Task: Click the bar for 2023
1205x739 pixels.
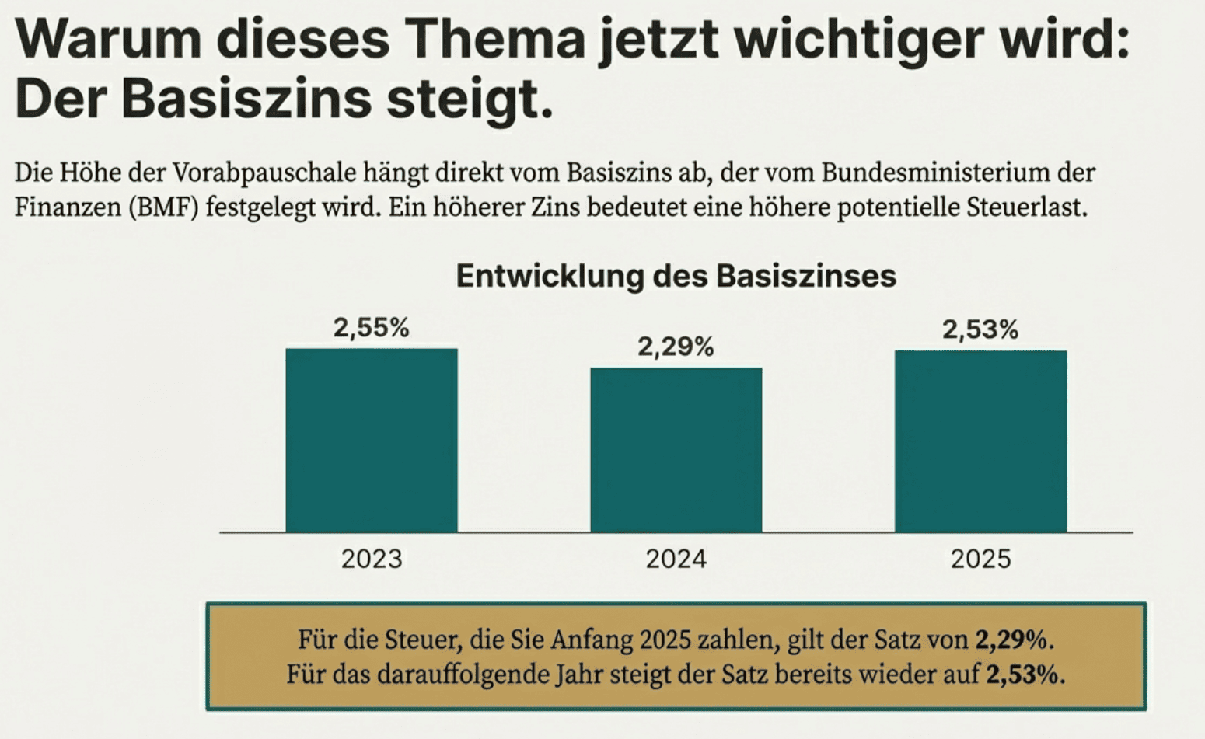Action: point(372,441)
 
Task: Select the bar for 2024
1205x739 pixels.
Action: point(676,450)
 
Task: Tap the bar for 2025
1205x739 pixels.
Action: point(980,441)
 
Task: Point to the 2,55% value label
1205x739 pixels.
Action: point(372,328)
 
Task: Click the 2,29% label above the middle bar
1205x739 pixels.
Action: point(676,347)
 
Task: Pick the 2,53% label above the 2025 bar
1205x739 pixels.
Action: point(980,330)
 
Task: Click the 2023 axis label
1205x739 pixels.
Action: point(372,559)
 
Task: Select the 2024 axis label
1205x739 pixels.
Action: point(676,559)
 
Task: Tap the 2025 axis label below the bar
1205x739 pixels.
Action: point(980,559)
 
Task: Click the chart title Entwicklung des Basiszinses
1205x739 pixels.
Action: point(676,276)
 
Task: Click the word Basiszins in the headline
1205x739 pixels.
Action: point(246,99)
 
